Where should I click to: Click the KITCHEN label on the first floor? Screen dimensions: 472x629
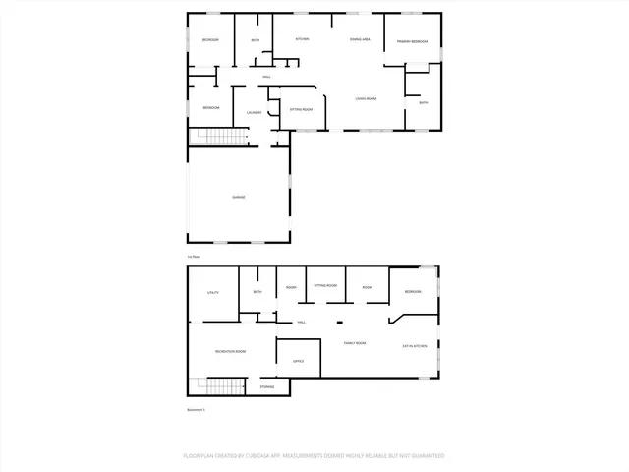pyautogui.click(x=303, y=39)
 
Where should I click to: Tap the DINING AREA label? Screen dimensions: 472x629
pyautogui.click(x=360, y=39)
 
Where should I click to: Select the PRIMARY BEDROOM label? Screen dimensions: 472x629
pyautogui.click(x=412, y=42)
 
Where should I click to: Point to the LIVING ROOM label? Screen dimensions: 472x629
pyautogui.click(x=366, y=98)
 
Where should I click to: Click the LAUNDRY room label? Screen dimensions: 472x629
pyautogui.click(x=253, y=114)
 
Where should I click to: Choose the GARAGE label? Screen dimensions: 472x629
pyautogui.click(x=238, y=198)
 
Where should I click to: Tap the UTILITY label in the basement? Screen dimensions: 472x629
pyautogui.click(x=212, y=293)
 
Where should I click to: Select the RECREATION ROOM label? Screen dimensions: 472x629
pyautogui.click(x=230, y=351)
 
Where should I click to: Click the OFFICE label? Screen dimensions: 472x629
pyautogui.click(x=299, y=361)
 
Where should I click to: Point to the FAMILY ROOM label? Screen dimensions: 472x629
pyautogui.click(x=354, y=343)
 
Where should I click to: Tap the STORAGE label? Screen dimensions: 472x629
pyautogui.click(x=267, y=387)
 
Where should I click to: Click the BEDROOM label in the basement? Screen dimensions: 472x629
pyautogui.click(x=413, y=292)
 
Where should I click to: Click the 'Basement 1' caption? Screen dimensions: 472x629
pyautogui.click(x=197, y=409)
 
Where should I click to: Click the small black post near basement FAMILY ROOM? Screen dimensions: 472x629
pyautogui.click(x=338, y=323)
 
